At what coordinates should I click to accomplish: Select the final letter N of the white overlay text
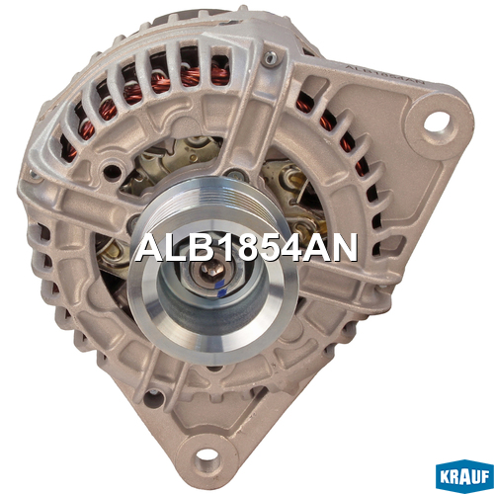(344, 247)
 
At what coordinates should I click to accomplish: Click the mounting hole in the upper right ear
(437, 122)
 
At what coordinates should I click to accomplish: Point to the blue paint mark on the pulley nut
(221, 287)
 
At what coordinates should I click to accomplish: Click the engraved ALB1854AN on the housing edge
(384, 74)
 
